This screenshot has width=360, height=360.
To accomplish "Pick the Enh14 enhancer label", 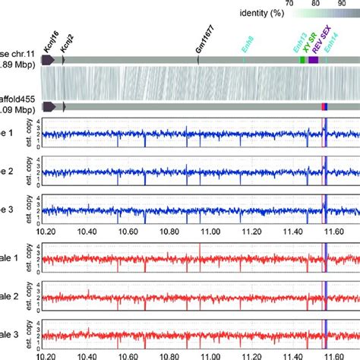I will [328, 47].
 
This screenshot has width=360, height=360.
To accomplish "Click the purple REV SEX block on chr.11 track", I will [313, 59].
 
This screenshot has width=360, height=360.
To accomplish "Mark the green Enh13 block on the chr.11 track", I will [302, 59].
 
